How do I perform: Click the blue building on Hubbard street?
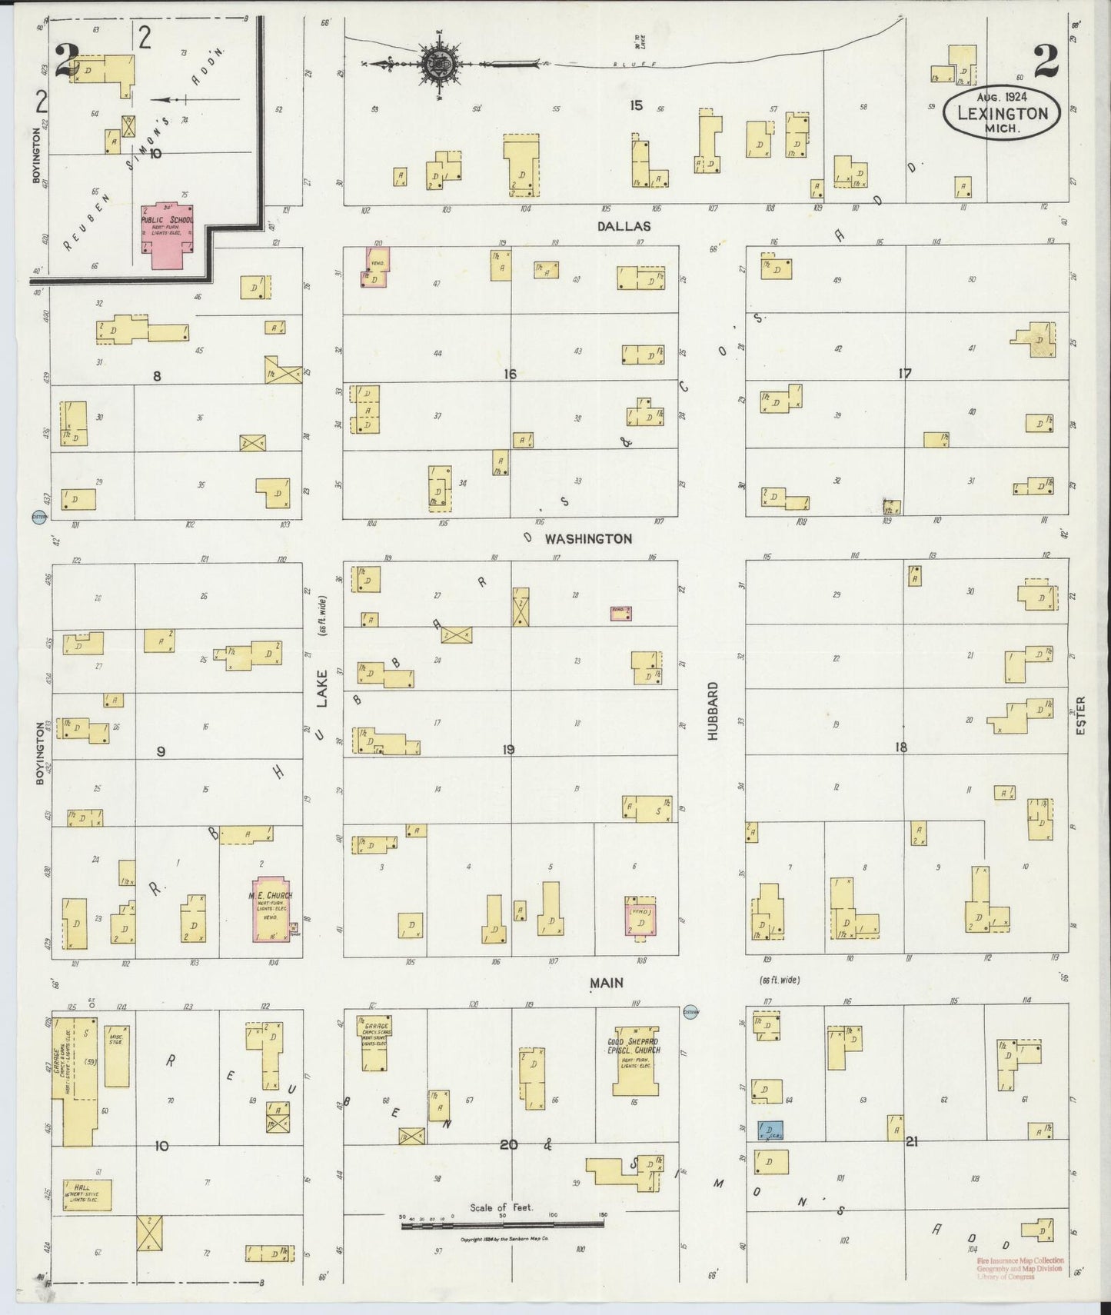click(770, 1130)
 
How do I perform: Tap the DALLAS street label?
click(623, 226)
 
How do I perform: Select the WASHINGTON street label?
click(588, 539)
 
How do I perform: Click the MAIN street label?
click(607, 983)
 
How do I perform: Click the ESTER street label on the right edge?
click(1080, 714)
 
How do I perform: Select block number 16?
click(509, 375)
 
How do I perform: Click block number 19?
click(508, 750)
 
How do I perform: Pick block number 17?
click(904, 374)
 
